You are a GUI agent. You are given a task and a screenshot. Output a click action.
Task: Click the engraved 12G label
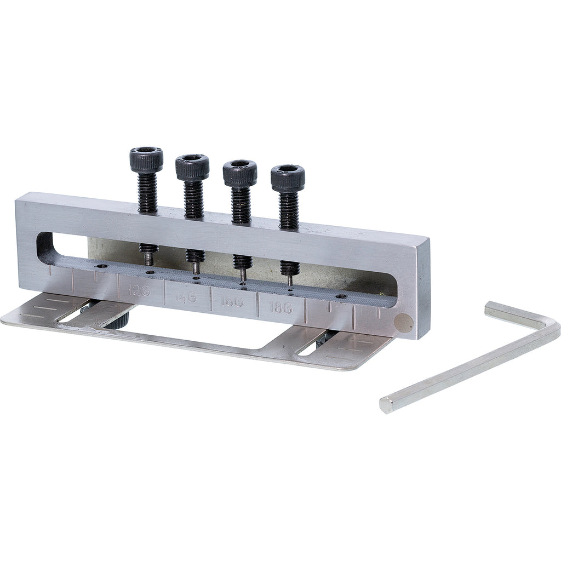click(x=139, y=290)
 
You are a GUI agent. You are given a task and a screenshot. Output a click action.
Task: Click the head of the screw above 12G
click(x=146, y=159)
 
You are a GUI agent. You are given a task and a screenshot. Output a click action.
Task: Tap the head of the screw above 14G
click(x=192, y=167)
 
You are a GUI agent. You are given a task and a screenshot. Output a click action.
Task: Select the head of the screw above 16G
click(x=240, y=173)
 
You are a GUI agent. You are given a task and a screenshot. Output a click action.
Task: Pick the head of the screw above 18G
click(x=288, y=178)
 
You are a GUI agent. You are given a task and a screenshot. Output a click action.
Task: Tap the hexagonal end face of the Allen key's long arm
click(x=387, y=405)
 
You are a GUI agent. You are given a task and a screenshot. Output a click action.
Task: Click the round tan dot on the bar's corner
click(x=405, y=323)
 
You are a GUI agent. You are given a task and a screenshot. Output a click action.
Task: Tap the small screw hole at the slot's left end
click(x=102, y=265)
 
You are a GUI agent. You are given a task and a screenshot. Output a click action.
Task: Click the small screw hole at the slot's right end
click(x=341, y=296)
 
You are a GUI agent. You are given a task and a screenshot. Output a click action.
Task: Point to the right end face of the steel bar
click(x=422, y=290)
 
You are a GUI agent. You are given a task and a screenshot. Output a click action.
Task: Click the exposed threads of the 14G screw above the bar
click(x=193, y=199)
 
